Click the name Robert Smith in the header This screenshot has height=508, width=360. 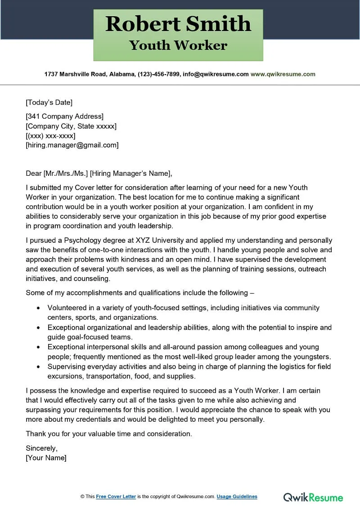tap(178, 24)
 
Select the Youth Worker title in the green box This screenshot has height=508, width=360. tap(178, 45)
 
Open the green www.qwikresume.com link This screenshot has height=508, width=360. tap(283, 74)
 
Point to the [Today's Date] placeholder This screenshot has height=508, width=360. tap(49, 102)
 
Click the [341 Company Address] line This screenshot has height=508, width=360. tap(64, 117)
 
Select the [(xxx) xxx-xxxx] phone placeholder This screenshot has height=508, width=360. tap(50, 136)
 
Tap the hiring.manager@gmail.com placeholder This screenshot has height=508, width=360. tap(72, 145)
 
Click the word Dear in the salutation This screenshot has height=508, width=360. tap(33, 174)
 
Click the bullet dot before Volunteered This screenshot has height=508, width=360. tap(38, 308)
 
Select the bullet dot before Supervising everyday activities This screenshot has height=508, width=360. tap(38, 366)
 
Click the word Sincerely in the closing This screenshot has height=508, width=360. tap(41, 448)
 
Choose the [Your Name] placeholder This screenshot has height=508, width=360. tap(46, 458)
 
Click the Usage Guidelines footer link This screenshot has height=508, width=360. tap(237, 497)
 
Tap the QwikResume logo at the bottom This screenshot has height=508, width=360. tap(313, 497)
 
